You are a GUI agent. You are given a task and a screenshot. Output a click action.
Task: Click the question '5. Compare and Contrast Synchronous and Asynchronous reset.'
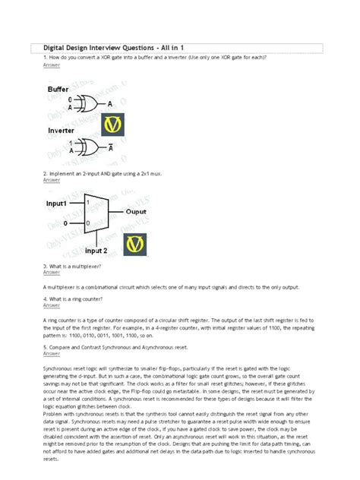(128, 347)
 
